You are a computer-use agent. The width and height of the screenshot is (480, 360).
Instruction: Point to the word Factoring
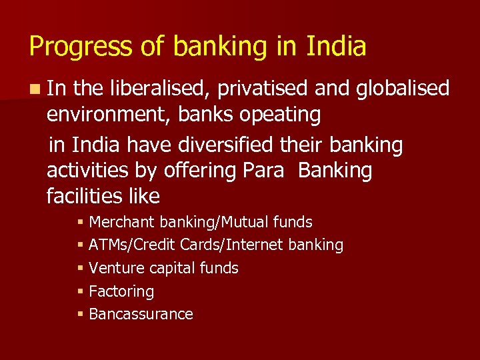[x=121, y=291]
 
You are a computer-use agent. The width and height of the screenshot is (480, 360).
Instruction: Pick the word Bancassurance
[x=140, y=314]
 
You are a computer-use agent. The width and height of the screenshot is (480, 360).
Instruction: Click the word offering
[x=199, y=171]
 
